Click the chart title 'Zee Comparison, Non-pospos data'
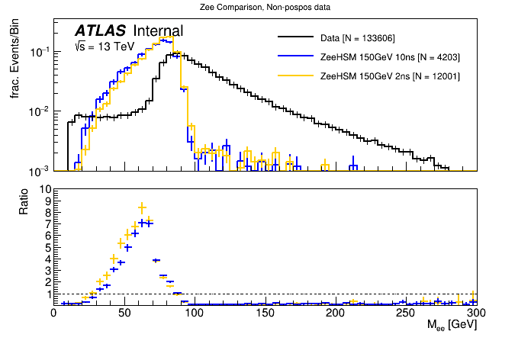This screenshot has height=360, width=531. pyautogui.click(x=265, y=7)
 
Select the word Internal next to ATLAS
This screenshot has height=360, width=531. pyautogui.click(x=158, y=31)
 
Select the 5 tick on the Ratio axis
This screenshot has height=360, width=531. pyautogui.click(x=47, y=247)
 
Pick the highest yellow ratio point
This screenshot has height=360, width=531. pyautogui.click(x=142, y=207)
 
